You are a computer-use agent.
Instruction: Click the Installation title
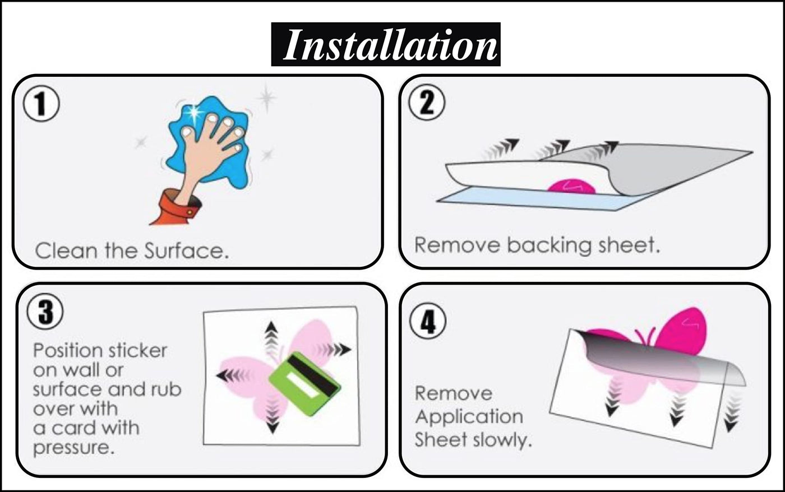(386, 44)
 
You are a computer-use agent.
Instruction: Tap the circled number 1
(41, 104)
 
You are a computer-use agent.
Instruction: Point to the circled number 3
(45, 312)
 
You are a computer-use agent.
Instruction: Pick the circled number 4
(428, 322)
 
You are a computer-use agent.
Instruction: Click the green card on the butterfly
(304, 384)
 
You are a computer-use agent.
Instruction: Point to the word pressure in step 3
(73, 448)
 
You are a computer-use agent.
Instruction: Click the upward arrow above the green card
(271, 337)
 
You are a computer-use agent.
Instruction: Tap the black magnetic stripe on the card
(313, 373)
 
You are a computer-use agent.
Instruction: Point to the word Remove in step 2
(457, 245)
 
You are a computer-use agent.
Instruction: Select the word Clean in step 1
(66, 250)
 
